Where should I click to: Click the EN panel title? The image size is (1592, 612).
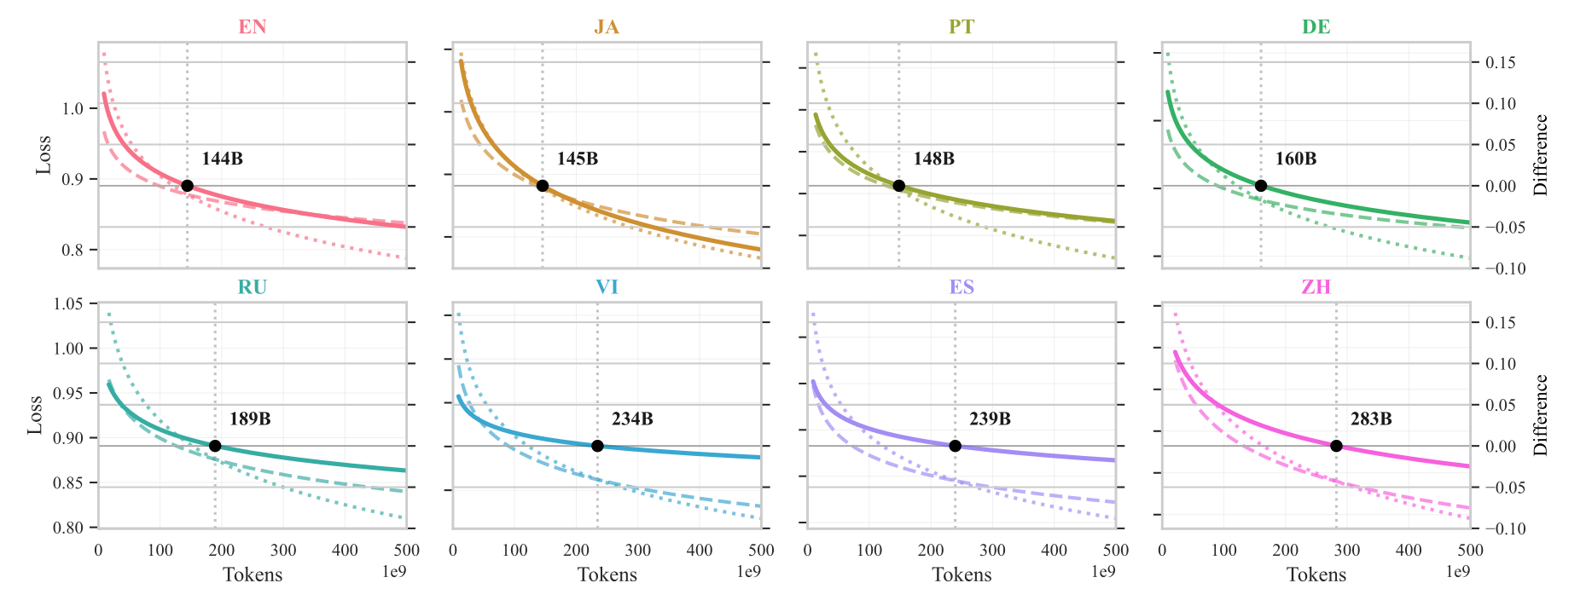click(253, 26)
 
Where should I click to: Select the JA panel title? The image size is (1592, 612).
click(607, 26)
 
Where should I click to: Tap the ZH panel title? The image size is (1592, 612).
click(1316, 287)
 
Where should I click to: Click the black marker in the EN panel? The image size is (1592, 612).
click(188, 186)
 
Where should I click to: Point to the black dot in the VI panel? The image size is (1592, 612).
click(597, 446)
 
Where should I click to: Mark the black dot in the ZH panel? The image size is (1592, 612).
click(1336, 446)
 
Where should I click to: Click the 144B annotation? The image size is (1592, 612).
click(223, 159)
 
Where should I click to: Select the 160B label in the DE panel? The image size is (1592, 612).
click(1296, 159)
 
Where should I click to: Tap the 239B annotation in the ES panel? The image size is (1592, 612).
click(990, 419)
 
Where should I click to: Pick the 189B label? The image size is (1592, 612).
click(250, 419)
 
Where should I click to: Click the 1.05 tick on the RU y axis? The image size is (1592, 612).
click(68, 304)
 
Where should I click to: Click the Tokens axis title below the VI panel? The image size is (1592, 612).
click(607, 574)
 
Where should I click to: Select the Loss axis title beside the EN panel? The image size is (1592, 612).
click(43, 155)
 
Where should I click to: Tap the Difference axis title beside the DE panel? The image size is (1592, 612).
click(1541, 155)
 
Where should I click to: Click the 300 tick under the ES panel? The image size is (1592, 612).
click(992, 551)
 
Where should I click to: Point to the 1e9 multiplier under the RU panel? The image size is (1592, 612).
click(394, 571)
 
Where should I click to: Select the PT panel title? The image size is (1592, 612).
click(962, 26)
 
